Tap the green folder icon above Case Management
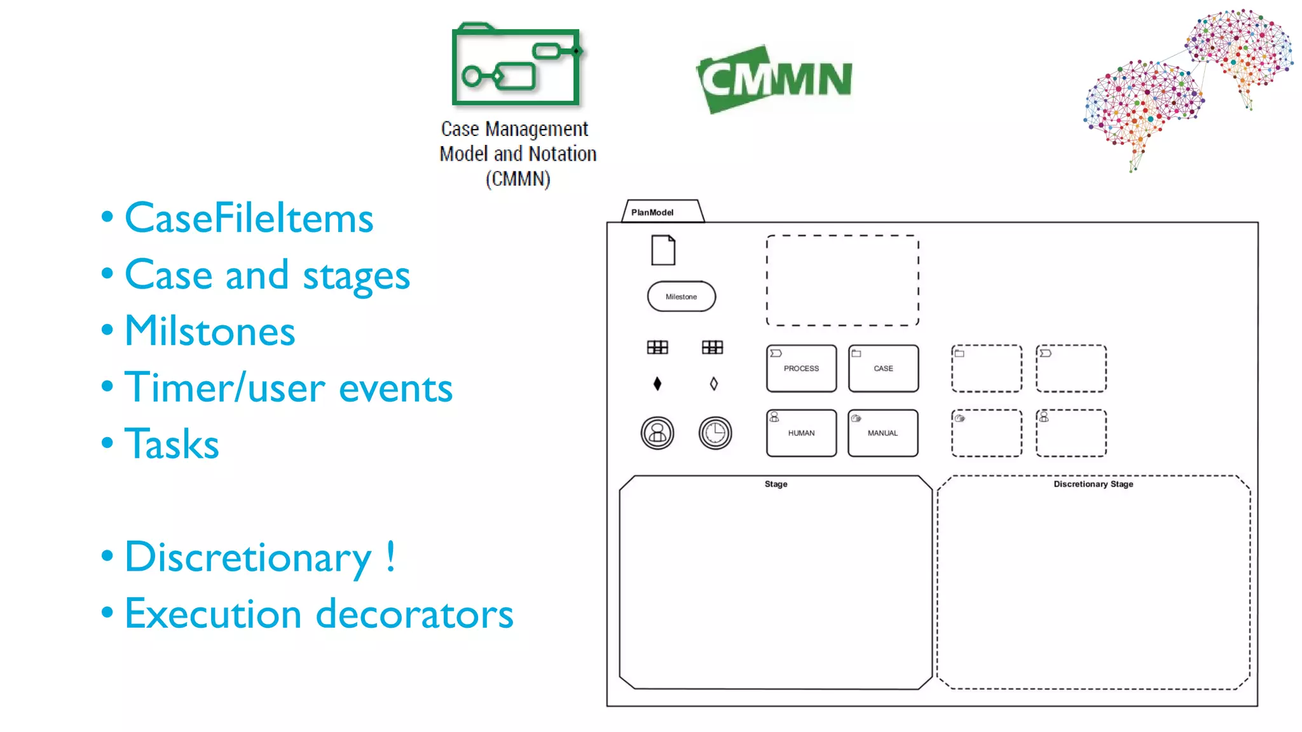click(x=516, y=65)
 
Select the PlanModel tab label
click(x=652, y=212)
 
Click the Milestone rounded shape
click(x=681, y=297)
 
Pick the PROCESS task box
click(x=801, y=369)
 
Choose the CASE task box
click(x=883, y=369)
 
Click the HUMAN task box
click(x=801, y=433)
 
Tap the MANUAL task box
click(x=882, y=433)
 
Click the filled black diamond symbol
click(x=657, y=384)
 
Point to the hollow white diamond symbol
click(x=714, y=384)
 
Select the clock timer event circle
click(x=715, y=433)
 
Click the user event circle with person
click(x=657, y=433)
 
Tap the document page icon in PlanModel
click(x=663, y=250)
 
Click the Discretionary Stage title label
click(x=1093, y=484)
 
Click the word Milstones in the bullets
click(x=210, y=331)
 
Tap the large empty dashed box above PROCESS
click(x=842, y=280)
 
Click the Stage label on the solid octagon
click(x=776, y=484)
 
